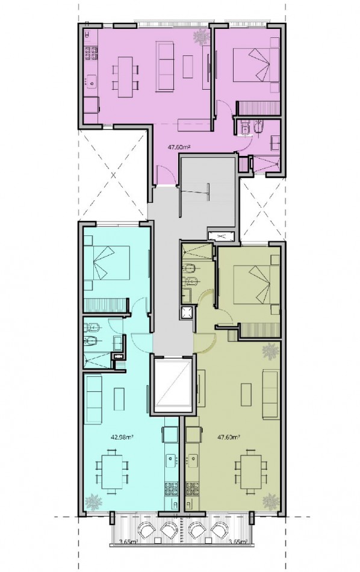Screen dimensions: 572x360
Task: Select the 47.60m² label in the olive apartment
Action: tap(228, 437)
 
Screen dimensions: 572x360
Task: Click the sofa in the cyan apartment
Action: tap(93, 399)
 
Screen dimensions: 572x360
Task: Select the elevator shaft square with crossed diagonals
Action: tap(173, 384)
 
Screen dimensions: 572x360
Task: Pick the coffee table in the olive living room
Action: tap(246, 395)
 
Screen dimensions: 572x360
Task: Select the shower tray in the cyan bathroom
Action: tap(97, 360)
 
